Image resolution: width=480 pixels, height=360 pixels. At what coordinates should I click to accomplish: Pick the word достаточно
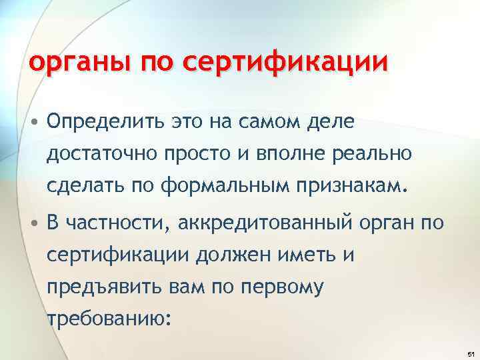point(100,154)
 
